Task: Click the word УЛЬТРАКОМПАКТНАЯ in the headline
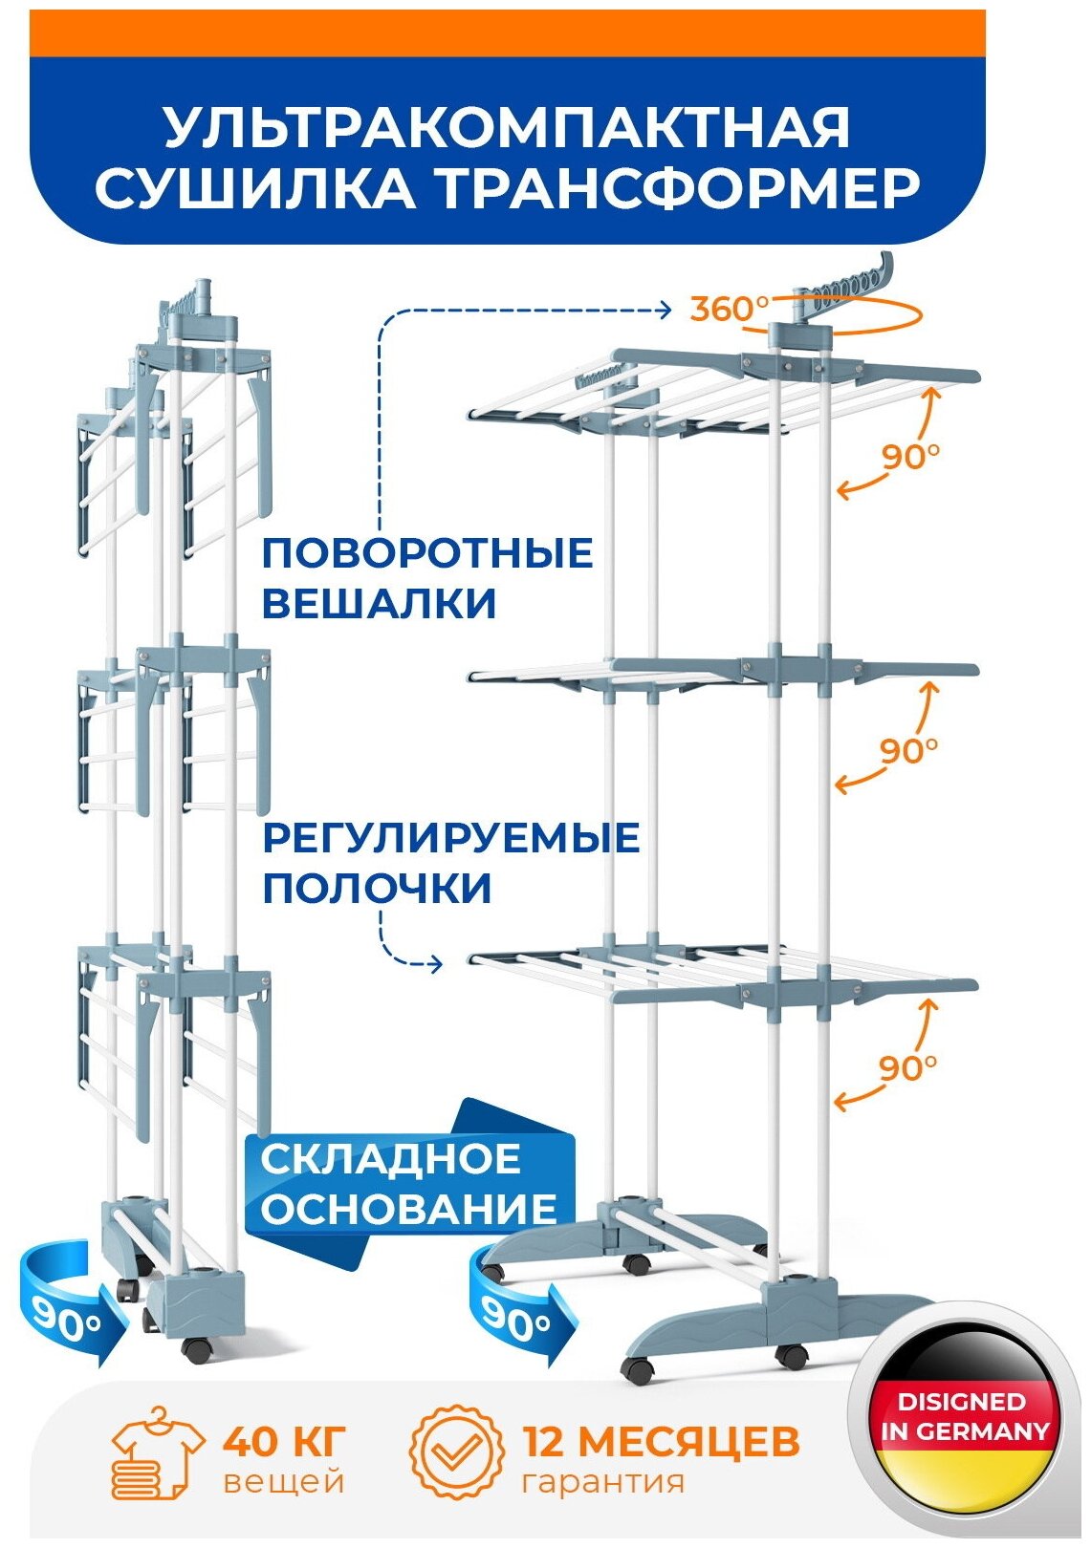coord(507,126)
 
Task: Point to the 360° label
coord(729,309)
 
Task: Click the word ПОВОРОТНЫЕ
coord(427,553)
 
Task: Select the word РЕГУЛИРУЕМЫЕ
coord(450,837)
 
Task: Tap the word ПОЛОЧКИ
coord(377,889)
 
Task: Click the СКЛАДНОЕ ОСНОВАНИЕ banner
coord(408,1184)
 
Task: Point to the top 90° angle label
coord(909,457)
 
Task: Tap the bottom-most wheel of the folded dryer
coord(198,1350)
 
